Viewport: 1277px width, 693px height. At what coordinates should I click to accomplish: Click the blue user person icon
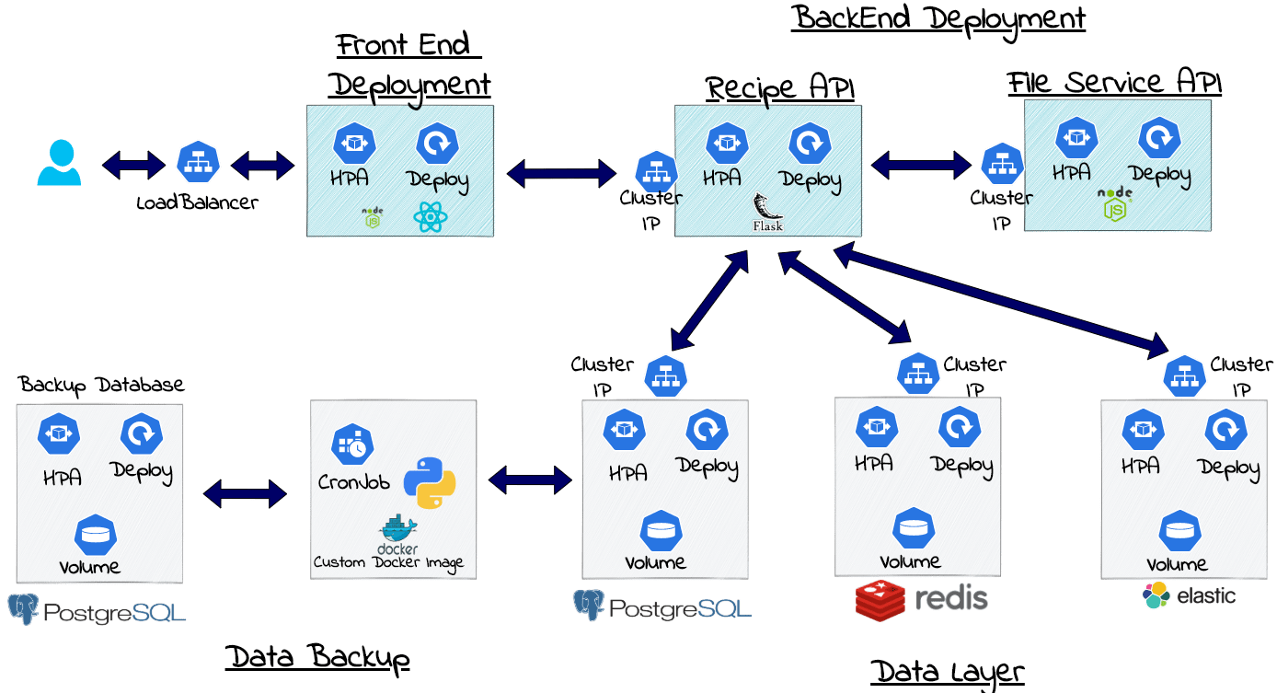pyautogui.click(x=59, y=163)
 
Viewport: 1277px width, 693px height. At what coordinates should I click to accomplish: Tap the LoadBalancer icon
pyautogui.click(x=198, y=164)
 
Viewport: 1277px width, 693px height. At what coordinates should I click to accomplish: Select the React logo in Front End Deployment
pyautogui.click(x=430, y=218)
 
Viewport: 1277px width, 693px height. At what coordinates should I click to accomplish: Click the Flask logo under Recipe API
pyautogui.click(x=766, y=213)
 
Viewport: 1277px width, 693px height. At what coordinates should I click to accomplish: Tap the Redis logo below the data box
pyautogui.click(x=921, y=599)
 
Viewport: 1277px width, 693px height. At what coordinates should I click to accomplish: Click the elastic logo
pyautogui.click(x=1189, y=595)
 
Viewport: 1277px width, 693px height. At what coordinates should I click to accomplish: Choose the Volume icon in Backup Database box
pyautogui.click(x=96, y=534)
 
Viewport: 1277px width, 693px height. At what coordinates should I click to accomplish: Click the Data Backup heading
pyautogui.click(x=317, y=657)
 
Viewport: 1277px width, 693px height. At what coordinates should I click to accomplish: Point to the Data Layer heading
pyautogui.click(x=947, y=672)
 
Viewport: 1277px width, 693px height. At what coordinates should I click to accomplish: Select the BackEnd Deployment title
pyautogui.click(x=938, y=17)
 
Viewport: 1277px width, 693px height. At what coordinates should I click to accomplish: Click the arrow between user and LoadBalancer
pyautogui.click(x=133, y=166)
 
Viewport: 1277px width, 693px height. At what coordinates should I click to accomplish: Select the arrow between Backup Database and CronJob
pyautogui.click(x=245, y=493)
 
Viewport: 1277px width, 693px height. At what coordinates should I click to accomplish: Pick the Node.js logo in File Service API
pyautogui.click(x=1114, y=205)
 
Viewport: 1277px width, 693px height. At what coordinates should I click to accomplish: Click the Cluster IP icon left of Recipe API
pyautogui.click(x=656, y=170)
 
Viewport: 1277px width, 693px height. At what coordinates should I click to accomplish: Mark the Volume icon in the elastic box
pyautogui.click(x=1179, y=531)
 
